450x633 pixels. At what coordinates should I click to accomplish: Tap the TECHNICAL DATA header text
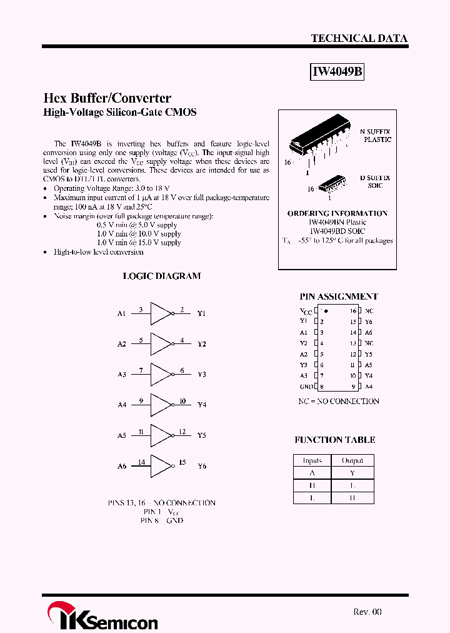[x=359, y=38]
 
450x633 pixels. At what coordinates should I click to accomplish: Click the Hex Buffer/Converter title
[x=107, y=98]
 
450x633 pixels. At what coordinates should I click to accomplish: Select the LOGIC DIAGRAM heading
[x=161, y=276]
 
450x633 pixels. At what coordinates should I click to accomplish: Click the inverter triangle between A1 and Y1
[x=162, y=313]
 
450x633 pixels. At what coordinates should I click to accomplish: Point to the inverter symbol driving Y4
[x=162, y=405]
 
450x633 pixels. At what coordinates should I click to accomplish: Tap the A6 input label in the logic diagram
[x=121, y=466]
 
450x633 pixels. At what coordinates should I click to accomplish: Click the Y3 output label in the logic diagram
[x=201, y=374]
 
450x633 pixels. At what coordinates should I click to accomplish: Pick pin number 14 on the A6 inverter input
[x=141, y=462]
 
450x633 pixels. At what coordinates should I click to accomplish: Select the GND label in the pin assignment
[x=306, y=387]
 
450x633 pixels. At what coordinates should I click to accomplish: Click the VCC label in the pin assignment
[x=305, y=311]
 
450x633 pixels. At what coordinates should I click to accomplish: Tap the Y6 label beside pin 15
[x=369, y=322]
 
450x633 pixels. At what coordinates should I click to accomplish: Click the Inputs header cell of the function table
[x=312, y=460]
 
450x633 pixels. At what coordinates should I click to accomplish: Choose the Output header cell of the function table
[x=352, y=460]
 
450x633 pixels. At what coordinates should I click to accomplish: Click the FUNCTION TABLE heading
[x=335, y=440]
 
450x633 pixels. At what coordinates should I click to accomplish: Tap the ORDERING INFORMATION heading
[x=337, y=213]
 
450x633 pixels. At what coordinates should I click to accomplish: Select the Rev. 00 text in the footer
[x=367, y=612]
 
